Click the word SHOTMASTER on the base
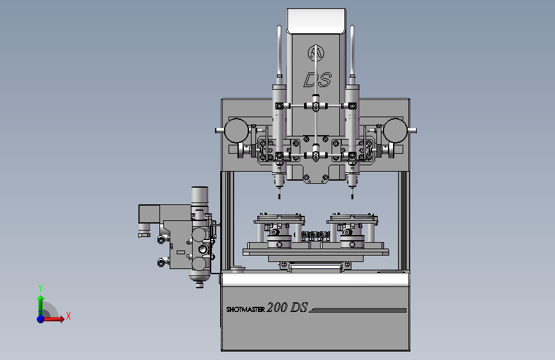[245, 309]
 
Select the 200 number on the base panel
[277, 307]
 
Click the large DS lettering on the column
[318, 79]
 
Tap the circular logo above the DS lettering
[316, 53]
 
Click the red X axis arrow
[53, 319]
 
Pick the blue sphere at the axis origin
[40, 319]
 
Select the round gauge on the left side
[236, 131]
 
